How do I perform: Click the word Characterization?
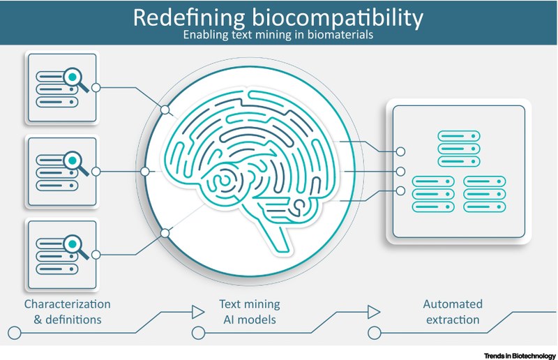click(x=67, y=304)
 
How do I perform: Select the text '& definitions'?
click(x=67, y=320)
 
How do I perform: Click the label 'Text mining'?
click(x=249, y=304)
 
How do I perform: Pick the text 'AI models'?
click(x=249, y=320)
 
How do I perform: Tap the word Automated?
click(x=453, y=304)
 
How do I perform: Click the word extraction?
click(x=453, y=320)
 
